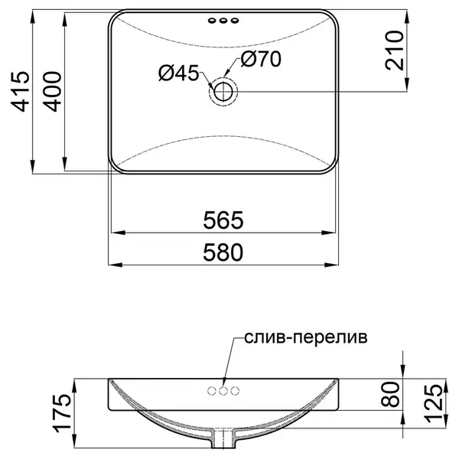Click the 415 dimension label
coord(20,91)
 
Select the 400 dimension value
coord(52,91)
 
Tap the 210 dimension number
coord(394,50)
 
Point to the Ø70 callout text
coord(261,59)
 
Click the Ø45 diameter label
coord(178,73)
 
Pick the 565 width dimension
coord(223,220)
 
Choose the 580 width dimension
coord(223,252)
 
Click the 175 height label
coord(61,413)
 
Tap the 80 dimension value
coord(390,394)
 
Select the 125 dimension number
coord(434,403)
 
